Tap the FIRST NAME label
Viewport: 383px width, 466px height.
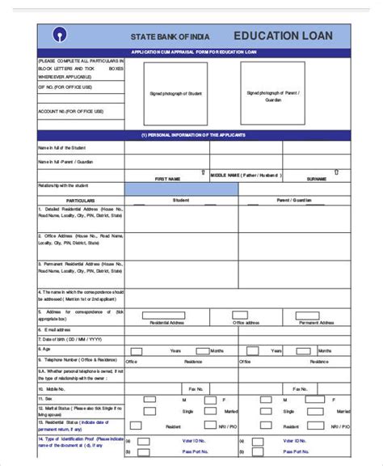click(167, 178)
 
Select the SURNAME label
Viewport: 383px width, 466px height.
click(317, 178)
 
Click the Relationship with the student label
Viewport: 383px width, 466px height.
click(65, 185)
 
